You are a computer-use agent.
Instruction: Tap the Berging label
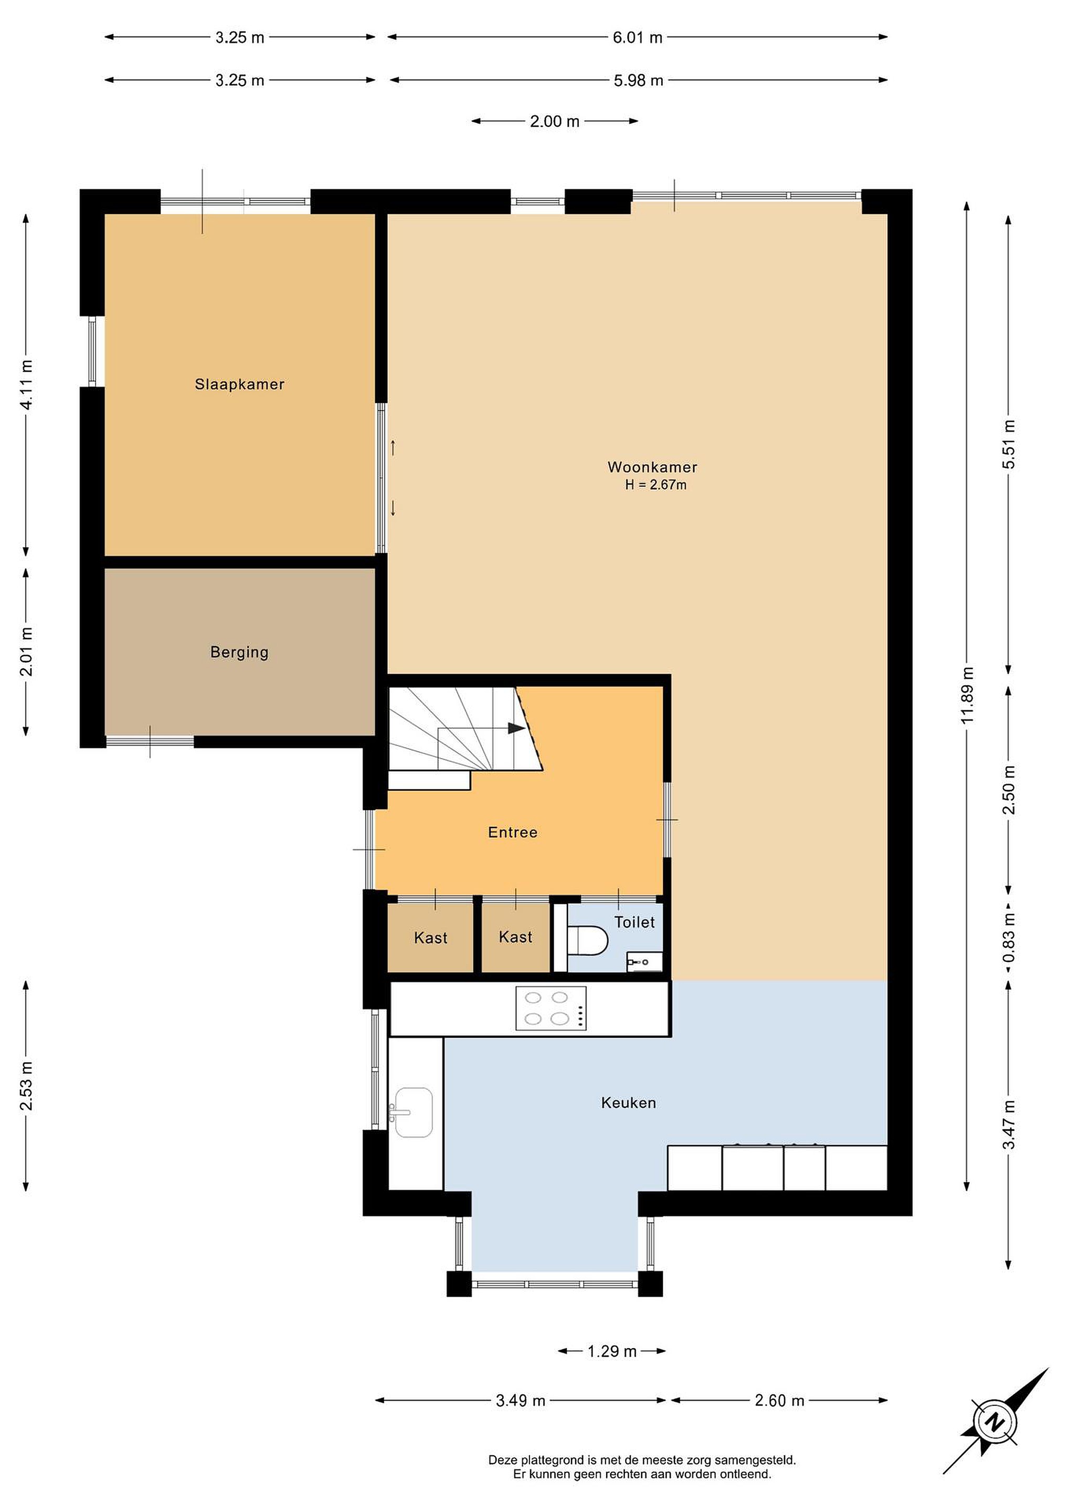pyautogui.click(x=240, y=652)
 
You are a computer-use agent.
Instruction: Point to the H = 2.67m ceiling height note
pyautogui.click(x=655, y=485)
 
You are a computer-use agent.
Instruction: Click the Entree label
pyautogui.click(x=513, y=833)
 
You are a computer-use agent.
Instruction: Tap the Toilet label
pyautogui.click(x=634, y=922)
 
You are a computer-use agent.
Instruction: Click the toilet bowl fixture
pyautogui.click(x=587, y=940)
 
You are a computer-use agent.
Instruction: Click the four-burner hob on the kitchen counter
pyautogui.click(x=551, y=1007)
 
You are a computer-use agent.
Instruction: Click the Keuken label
pyautogui.click(x=629, y=1102)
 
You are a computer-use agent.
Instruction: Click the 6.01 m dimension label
pyautogui.click(x=637, y=37)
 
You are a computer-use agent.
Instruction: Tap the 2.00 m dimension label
pyautogui.click(x=555, y=121)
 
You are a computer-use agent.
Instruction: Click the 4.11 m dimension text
pyautogui.click(x=26, y=385)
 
